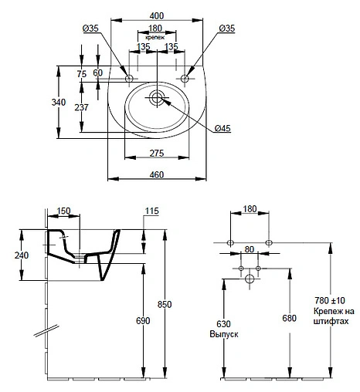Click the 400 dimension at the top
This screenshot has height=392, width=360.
tap(157, 15)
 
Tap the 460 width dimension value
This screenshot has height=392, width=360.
tap(157, 175)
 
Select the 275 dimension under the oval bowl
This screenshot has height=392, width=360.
tap(157, 154)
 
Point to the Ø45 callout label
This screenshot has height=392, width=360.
tap(222, 128)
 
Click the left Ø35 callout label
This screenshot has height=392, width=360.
tap(90, 29)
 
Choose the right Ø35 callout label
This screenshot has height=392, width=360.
tap(227, 29)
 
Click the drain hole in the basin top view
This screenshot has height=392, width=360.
tap(157, 97)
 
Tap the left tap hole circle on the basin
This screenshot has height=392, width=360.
tap(129, 78)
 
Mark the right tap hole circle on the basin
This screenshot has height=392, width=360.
tap(185, 78)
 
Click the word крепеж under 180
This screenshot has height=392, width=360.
tap(155, 37)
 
